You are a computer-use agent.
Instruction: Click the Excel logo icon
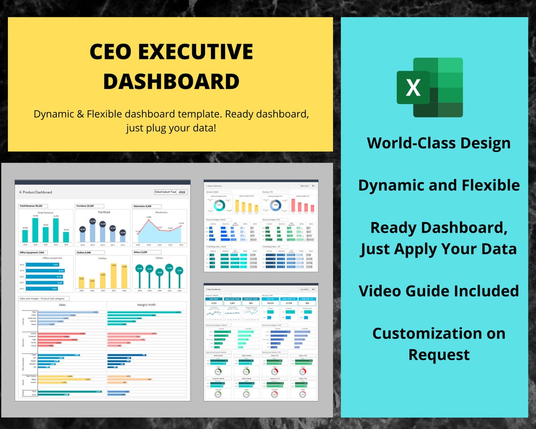[429, 87]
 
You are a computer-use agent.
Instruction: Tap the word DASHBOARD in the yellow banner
[171, 81]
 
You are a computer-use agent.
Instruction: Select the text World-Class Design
[439, 143]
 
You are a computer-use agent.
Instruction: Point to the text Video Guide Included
[439, 291]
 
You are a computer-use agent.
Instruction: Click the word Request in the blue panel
[439, 354]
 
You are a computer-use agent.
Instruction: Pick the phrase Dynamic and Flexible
[439, 185]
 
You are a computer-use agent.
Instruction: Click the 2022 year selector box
[182, 192]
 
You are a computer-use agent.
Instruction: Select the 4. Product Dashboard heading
[36, 192]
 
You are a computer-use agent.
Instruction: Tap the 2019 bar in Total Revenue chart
[35, 230]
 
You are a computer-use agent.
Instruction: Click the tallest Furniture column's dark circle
[92, 222]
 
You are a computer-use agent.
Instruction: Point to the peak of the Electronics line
[149, 218]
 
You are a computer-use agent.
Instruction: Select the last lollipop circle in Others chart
[180, 270]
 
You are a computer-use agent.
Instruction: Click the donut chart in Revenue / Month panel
[219, 206]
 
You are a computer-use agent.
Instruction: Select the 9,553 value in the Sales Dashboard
[214, 304]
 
